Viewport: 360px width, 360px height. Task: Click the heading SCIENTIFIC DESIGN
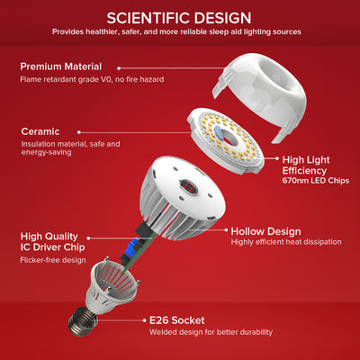[x=179, y=17]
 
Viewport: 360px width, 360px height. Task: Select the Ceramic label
[x=40, y=131]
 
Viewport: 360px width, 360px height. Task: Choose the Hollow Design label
[x=265, y=230]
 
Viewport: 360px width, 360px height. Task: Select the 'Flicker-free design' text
[x=53, y=260]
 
